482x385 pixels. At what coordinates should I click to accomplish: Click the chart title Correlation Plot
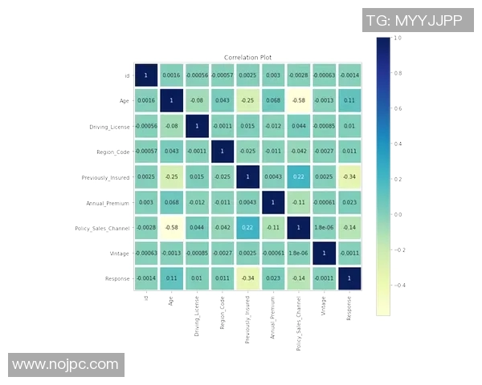247,58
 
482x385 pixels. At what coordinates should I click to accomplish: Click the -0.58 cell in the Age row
298,101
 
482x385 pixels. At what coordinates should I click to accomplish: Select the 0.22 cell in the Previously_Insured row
298,176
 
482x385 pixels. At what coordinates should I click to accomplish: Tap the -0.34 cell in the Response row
247,278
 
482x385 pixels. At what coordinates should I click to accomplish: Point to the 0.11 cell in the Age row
349,101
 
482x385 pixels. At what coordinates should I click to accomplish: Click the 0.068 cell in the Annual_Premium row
171,202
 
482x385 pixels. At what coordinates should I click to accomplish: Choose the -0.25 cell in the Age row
247,101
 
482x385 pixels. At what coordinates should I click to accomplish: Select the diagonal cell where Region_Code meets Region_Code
222,152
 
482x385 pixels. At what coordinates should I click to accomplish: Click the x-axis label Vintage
323,306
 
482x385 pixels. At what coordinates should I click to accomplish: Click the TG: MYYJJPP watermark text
414,20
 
